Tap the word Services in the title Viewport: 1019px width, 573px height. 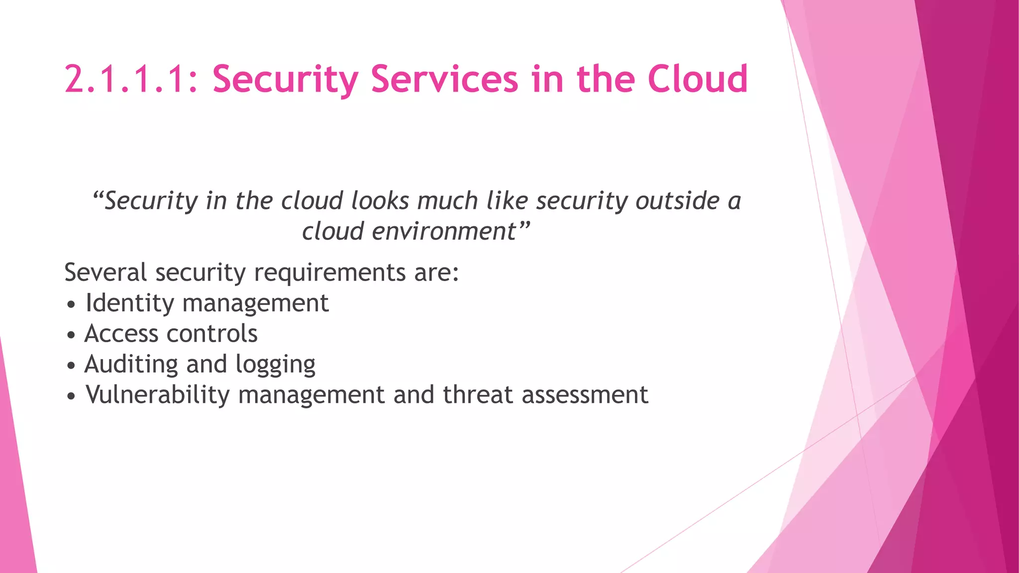coord(444,80)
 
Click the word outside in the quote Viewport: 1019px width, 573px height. coord(678,201)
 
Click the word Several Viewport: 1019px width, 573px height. coord(105,273)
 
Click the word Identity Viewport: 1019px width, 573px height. coord(130,303)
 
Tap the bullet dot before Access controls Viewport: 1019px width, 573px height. coord(72,335)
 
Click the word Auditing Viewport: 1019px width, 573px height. coord(131,365)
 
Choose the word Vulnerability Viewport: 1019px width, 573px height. coord(158,395)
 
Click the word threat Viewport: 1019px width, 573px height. coord(478,395)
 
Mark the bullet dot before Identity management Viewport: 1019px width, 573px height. coord(72,304)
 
